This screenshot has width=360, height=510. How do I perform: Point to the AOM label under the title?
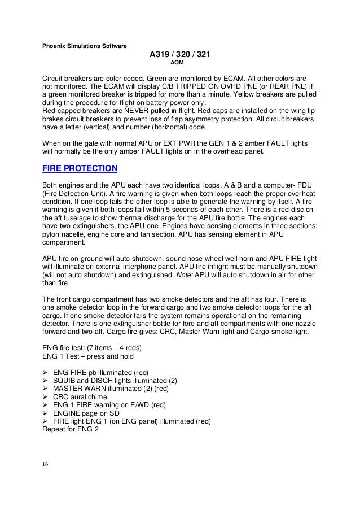[x=180, y=64]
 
